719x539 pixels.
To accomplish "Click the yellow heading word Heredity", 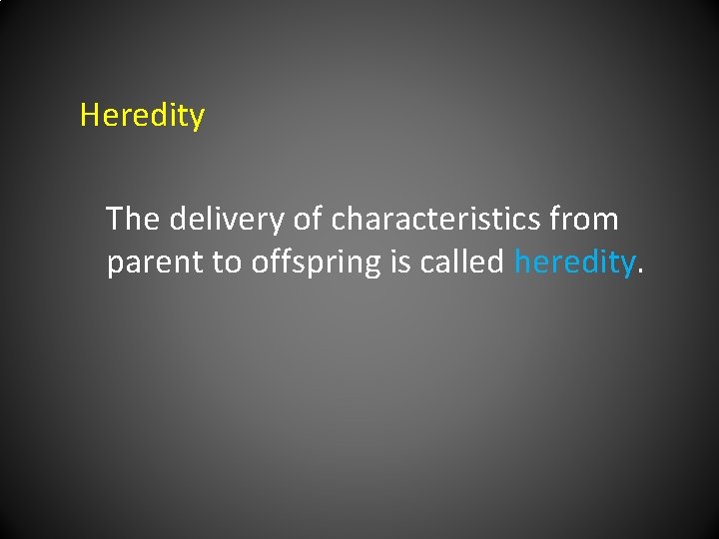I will coord(142,116).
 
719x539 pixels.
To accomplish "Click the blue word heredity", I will coord(574,263).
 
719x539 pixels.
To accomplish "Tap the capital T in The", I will coord(115,219).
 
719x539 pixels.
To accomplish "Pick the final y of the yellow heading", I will coord(197,120).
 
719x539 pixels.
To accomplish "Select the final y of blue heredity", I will coord(627,267).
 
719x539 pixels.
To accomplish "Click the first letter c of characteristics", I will coord(339,221).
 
